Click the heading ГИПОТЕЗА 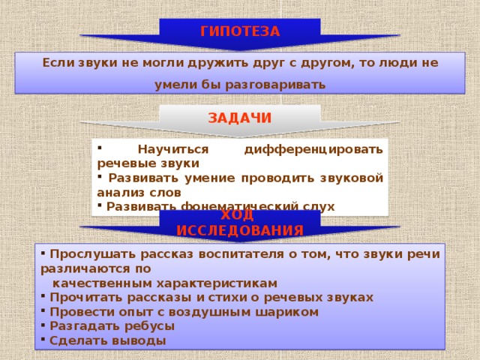tap(240, 31)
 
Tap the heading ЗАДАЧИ tap(240, 118)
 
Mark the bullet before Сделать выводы tap(44, 339)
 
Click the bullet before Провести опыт tap(44, 310)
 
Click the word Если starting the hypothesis tap(57, 63)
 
